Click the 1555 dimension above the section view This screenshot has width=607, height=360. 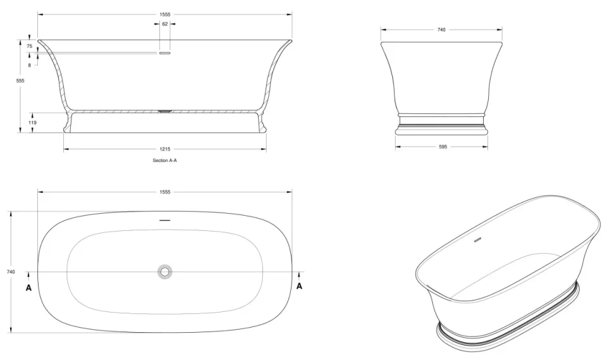pyautogui.click(x=165, y=14)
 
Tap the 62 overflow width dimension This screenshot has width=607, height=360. pyautogui.click(x=165, y=24)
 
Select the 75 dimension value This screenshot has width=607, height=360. pyautogui.click(x=29, y=46)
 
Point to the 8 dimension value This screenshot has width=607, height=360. pyautogui.click(x=29, y=65)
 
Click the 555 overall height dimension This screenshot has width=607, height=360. pyautogui.click(x=20, y=81)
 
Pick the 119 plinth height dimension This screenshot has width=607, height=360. pyautogui.click(x=32, y=123)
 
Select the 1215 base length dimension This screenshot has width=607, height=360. pyautogui.click(x=165, y=149)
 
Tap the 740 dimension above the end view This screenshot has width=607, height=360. pyautogui.click(x=441, y=30)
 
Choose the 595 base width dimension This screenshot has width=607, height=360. pyautogui.click(x=442, y=146)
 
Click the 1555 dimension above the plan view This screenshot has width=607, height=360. pyautogui.click(x=165, y=192)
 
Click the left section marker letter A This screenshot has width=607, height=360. pyautogui.click(x=28, y=287)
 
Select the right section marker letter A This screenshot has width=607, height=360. pyautogui.click(x=300, y=286)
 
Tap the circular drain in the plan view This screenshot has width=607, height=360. pyautogui.click(x=165, y=271)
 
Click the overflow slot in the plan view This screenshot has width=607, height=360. pyautogui.click(x=165, y=220)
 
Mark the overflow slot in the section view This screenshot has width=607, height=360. pyautogui.click(x=165, y=54)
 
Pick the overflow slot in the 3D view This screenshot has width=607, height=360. pyautogui.click(x=478, y=240)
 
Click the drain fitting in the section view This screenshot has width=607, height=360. pyautogui.click(x=165, y=111)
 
